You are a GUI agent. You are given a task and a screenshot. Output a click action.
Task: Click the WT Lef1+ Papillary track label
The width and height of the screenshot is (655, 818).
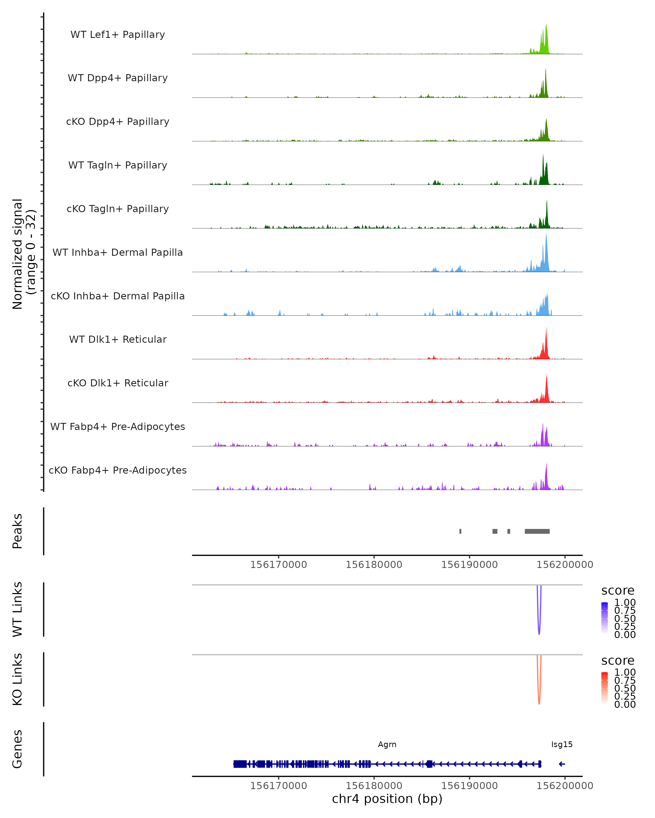[118, 35]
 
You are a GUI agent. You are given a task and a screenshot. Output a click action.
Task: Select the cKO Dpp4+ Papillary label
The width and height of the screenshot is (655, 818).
[118, 121]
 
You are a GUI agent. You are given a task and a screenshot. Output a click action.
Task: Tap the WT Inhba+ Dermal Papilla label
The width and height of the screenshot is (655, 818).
[118, 252]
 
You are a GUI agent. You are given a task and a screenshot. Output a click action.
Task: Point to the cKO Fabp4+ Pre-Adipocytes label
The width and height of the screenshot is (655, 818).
[118, 470]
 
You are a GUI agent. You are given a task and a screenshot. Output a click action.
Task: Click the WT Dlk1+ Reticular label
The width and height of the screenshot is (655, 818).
[118, 339]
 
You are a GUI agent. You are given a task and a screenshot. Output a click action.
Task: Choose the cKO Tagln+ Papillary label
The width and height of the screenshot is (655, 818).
[118, 209]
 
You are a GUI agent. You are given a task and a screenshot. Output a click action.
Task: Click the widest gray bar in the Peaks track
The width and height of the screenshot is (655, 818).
[537, 531]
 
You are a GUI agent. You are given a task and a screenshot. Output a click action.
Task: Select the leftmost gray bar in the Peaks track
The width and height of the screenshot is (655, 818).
[460, 531]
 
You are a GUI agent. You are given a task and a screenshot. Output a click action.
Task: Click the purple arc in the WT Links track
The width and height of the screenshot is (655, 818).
[539, 630]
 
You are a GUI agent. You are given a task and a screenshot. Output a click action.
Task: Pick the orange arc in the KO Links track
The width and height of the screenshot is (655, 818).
[539, 700]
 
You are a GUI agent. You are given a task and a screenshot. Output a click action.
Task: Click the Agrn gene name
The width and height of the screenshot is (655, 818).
[387, 744]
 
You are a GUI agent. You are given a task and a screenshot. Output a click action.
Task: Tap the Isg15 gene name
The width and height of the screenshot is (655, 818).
[562, 744]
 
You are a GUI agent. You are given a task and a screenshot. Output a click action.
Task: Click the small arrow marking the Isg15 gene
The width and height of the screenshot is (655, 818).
[562, 764]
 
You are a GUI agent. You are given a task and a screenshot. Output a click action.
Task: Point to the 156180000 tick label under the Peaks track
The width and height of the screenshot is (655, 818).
[374, 565]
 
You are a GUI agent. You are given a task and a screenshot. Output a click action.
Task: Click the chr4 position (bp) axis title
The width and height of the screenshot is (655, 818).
[387, 799]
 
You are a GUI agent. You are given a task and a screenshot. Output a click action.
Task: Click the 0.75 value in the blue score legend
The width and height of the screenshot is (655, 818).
[625, 611]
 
